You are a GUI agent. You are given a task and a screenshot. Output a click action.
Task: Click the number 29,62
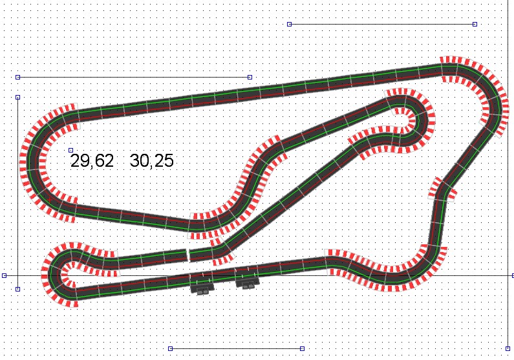pyautogui.click(x=92, y=161)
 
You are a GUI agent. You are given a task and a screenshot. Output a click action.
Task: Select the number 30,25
pyautogui.click(x=151, y=161)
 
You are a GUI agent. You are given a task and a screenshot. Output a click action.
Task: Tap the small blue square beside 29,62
pyautogui.click(x=71, y=151)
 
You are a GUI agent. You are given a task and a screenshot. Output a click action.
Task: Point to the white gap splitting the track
pyautogui.click(x=188, y=255)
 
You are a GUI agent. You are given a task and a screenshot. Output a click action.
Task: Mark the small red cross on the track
pyautogui.click(x=50, y=200)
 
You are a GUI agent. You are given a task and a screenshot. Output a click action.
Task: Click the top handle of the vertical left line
pyautogui.click(x=18, y=98)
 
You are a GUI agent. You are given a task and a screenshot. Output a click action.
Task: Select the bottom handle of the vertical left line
pyautogui.click(x=18, y=290)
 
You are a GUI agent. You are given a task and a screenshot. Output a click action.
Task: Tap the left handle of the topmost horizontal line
pyautogui.click(x=290, y=25)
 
